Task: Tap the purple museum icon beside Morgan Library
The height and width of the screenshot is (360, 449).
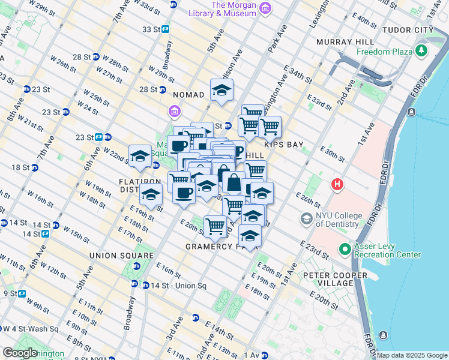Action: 266,7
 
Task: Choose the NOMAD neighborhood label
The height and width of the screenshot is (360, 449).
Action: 189,95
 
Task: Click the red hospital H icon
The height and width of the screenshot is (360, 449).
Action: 337,184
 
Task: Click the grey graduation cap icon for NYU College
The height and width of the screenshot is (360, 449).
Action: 307,220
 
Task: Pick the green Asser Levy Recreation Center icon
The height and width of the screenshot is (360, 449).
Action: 345,248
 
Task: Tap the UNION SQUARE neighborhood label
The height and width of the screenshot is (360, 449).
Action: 115,256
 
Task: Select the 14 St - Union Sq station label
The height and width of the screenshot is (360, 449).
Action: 179,285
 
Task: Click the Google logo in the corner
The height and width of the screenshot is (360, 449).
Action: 19,353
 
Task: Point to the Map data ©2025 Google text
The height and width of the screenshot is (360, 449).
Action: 411,355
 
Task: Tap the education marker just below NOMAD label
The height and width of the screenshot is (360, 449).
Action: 221,91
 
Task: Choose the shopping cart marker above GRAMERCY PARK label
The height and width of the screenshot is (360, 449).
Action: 215,226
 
